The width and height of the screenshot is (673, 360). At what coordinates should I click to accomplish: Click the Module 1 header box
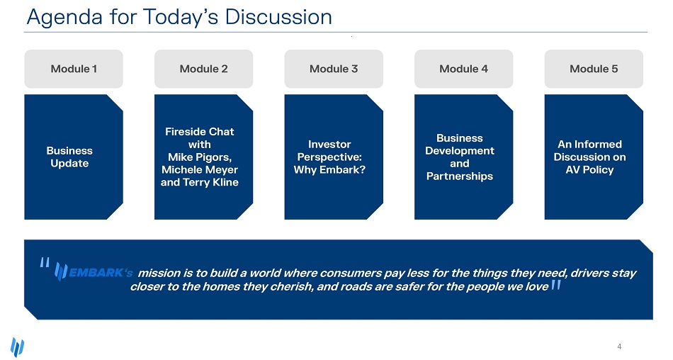(74, 69)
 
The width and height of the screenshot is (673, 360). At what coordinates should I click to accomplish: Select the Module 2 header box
(203, 69)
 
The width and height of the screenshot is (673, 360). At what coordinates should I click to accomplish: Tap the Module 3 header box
(334, 69)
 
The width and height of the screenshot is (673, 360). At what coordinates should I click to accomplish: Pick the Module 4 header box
(463, 69)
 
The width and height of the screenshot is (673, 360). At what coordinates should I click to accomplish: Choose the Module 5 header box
(594, 69)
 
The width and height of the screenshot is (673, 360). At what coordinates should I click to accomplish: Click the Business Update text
(69, 157)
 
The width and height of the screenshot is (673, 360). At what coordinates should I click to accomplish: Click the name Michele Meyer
(200, 169)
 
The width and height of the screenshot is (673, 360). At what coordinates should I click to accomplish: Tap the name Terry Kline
(210, 182)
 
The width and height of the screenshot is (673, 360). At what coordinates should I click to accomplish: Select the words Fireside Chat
(200, 131)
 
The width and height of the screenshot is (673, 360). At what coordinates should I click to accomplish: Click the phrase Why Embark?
(329, 169)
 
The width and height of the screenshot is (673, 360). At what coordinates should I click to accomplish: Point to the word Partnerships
(460, 176)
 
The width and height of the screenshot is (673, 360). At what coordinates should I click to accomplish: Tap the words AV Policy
(589, 169)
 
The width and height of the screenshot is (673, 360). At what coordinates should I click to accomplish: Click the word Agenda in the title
(64, 18)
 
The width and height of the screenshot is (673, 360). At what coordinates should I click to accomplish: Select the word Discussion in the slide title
(278, 17)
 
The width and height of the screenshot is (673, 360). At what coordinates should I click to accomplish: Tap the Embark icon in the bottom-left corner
(17, 347)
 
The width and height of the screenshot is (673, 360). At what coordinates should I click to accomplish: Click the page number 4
(619, 347)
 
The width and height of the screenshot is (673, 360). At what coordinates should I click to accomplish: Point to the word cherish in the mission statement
(292, 286)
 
